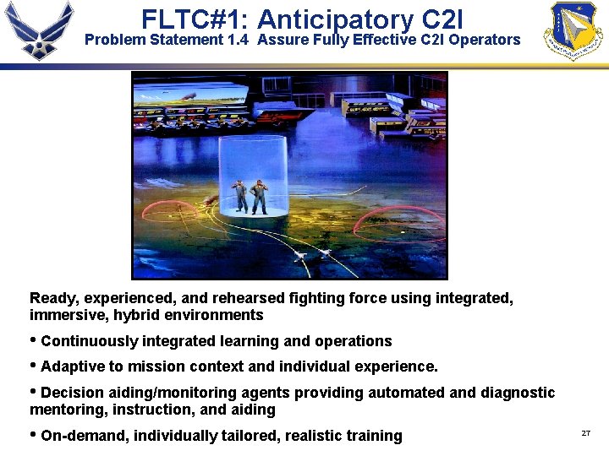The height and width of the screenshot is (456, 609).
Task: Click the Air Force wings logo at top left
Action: click(x=39, y=30)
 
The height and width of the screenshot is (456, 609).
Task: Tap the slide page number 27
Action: click(x=585, y=433)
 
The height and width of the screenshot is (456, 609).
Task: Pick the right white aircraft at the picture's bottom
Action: click(x=325, y=252)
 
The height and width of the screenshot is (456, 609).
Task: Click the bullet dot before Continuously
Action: click(x=34, y=340)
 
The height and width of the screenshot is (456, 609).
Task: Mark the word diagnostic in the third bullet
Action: click(x=518, y=393)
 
